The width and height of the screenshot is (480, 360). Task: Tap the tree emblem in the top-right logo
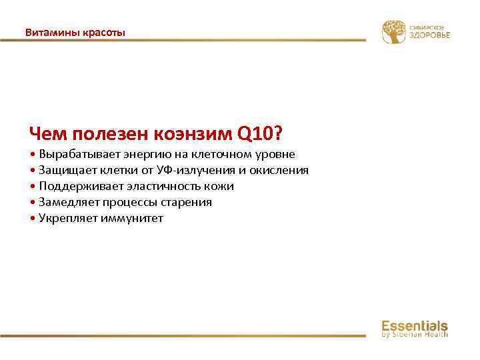393,31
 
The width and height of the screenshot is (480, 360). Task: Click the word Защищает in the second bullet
65,170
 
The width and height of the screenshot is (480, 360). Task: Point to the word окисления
279,170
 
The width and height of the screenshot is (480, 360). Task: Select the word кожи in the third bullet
220,186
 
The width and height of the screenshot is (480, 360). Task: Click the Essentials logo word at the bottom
414,325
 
